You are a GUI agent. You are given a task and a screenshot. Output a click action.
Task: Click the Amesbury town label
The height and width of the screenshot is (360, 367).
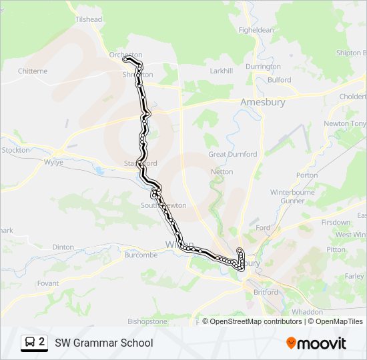(x=262, y=102)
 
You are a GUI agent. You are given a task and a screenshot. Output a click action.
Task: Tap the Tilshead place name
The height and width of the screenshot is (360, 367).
(x=89, y=19)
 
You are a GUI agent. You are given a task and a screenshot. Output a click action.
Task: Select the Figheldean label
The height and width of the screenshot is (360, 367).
(x=256, y=30)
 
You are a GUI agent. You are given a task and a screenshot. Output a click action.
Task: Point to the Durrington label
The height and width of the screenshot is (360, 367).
(x=263, y=67)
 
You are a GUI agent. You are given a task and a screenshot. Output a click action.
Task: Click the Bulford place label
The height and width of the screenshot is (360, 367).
(x=279, y=80)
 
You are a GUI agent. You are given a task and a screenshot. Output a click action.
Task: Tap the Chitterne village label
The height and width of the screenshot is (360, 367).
(x=33, y=71)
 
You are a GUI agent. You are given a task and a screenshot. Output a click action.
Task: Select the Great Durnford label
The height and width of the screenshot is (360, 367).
(x=232, y=154)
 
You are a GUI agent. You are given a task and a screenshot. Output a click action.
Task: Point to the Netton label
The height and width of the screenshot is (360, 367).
(x=222, y=171)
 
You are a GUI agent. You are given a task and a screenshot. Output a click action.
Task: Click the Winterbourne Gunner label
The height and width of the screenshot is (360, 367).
(x=288, y=196)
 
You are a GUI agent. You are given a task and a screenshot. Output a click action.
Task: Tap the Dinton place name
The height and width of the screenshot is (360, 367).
(x=63, y=247)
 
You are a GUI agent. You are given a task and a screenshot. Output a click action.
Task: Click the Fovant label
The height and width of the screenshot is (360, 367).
(x=48, y=283)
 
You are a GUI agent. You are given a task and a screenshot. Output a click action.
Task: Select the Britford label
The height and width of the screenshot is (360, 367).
(x=266, y=292)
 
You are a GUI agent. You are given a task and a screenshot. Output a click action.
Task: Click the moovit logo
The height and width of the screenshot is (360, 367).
(x=316, y=343)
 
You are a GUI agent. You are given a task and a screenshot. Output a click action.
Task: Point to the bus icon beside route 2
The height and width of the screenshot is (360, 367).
(x=30, y=343)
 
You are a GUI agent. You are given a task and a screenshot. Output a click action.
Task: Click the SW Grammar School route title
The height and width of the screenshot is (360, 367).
(x=103, y=343)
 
